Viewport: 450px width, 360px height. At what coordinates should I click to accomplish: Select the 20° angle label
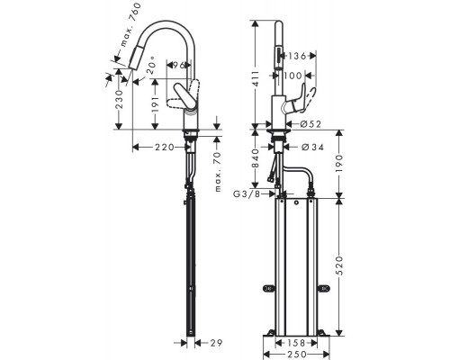tap(149, 69)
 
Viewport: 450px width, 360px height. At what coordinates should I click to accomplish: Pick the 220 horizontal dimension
tap(164, 147)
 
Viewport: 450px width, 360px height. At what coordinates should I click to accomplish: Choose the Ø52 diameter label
tap(311, 123)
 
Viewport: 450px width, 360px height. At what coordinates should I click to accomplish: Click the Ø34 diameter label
tap(311, 147)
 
